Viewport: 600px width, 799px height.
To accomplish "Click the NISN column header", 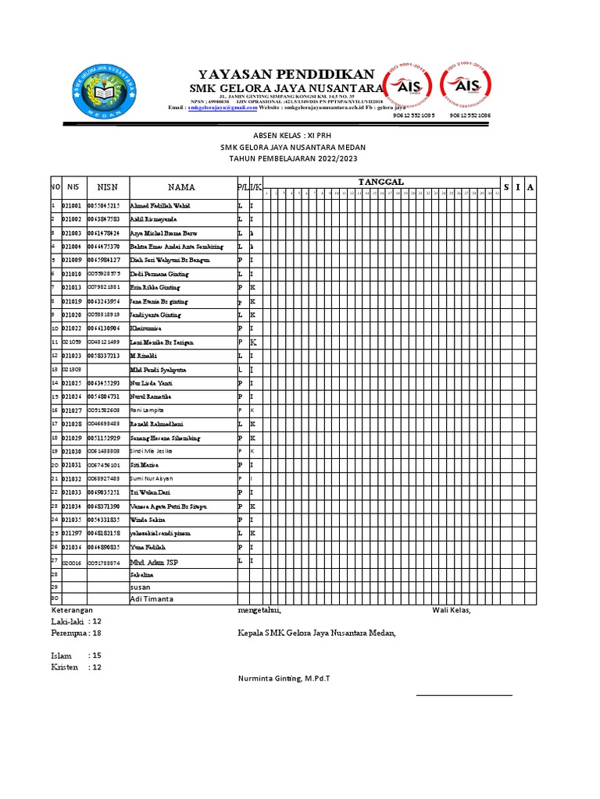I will [107, 187].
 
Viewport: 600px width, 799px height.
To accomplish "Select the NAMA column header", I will [181, 187].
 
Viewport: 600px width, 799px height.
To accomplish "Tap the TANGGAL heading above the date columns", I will [386, 182].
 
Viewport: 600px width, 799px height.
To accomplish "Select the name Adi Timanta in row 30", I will [152, 598].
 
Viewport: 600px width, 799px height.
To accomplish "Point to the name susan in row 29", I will [141, 585].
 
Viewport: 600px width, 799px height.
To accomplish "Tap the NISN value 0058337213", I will [104, 356].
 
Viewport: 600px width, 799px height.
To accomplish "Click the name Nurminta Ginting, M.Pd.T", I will [284, 679].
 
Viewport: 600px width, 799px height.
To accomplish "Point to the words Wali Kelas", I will [452, 610].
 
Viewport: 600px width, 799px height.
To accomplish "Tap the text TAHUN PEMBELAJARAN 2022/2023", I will [293, 158].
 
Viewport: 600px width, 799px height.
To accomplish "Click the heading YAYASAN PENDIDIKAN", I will [286, 71].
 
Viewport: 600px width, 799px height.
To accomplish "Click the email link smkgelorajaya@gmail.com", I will [222, 108].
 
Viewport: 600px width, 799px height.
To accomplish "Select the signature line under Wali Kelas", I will [464, 694].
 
